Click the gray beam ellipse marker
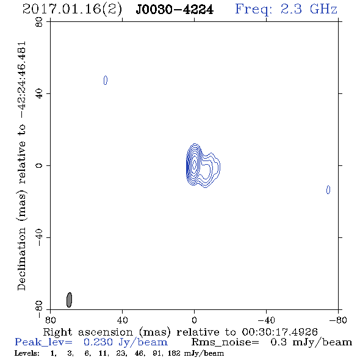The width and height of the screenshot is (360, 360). click(69, 300)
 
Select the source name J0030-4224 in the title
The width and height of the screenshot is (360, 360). click(175, 10)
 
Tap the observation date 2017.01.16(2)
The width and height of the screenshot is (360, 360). click(72, 10)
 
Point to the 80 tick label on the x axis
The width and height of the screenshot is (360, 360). click(50, 320)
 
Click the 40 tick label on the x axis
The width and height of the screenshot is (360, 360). click(122, 320)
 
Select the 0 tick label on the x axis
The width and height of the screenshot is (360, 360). click(194, 320)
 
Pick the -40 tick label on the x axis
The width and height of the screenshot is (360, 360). click(266, 320)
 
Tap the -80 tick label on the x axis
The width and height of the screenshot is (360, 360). click(338, 320)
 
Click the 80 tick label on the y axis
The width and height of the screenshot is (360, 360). click(39, 22)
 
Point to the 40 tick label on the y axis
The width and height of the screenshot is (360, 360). click(39, 94)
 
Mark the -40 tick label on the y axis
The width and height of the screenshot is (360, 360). click(39, 237)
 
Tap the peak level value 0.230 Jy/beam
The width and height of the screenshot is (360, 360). click(126, 342)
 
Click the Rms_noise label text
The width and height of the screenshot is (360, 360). click(225, 342)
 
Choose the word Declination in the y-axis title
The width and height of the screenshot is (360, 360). click(21, 259)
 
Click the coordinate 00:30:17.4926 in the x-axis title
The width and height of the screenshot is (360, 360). click(279, 332)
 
